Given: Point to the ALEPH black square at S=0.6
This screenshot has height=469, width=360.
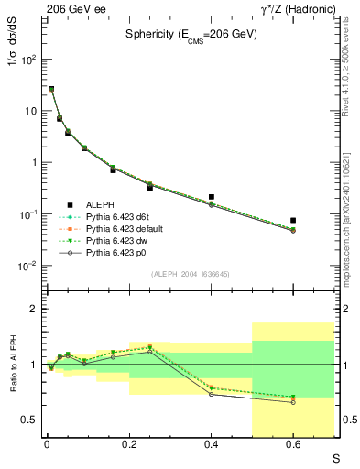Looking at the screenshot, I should tap(293, 221).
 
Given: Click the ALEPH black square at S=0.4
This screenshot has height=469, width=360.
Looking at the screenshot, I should tap(212, 197).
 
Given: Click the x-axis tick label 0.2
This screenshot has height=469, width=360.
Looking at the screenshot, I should tap(129, 444).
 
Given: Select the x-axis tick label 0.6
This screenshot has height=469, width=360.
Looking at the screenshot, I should tap(293, 444).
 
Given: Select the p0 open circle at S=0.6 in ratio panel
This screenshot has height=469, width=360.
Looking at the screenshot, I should tap(293, 402).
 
